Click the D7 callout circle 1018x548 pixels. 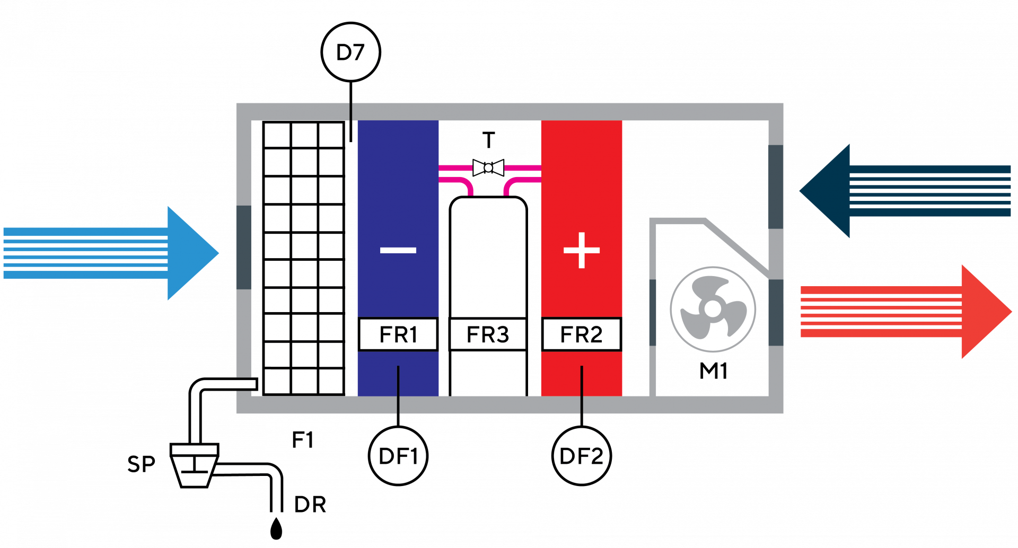pos(350,52)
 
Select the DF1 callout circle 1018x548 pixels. pos(398,456)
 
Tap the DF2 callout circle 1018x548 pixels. pos(581,456)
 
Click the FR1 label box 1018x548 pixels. pos(398,334)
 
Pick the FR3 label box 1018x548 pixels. pos(488,334)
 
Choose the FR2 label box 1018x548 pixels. pos(581,334)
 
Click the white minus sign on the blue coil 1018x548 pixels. pos(398,250)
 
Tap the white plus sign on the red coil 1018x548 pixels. pos(582,250)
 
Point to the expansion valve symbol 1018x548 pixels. pos(488,168)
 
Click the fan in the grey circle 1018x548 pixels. pos(713,309)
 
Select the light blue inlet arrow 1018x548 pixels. pos(111,253)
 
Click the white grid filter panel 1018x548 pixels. pos(304,258)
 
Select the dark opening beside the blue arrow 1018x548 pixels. pos(244,247)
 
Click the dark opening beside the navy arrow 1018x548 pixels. pos(776,187)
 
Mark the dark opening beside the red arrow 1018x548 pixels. pos(776,313)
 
